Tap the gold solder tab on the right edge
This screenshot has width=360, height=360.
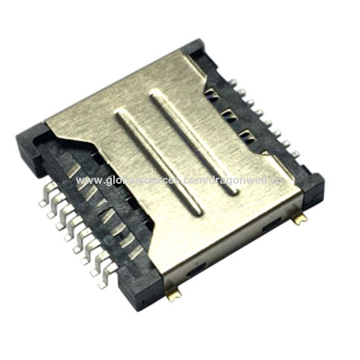point(300,219)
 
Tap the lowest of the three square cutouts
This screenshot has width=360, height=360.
point(245,136)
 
